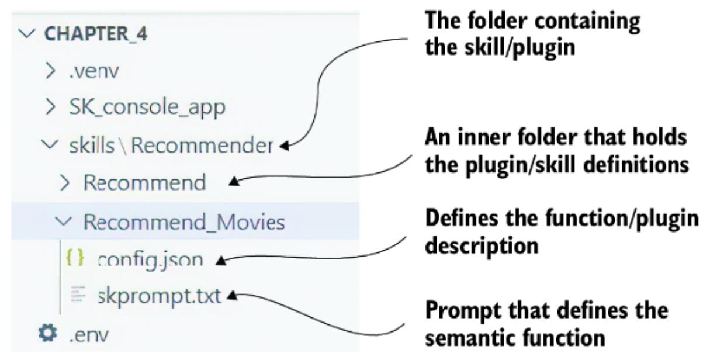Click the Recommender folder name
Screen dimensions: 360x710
(x=202, y=144)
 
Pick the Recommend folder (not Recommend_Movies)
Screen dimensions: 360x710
(x=144, y=182)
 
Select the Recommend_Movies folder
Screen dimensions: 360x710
(x=183, y=221)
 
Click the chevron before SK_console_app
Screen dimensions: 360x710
(x=51, y=108)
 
